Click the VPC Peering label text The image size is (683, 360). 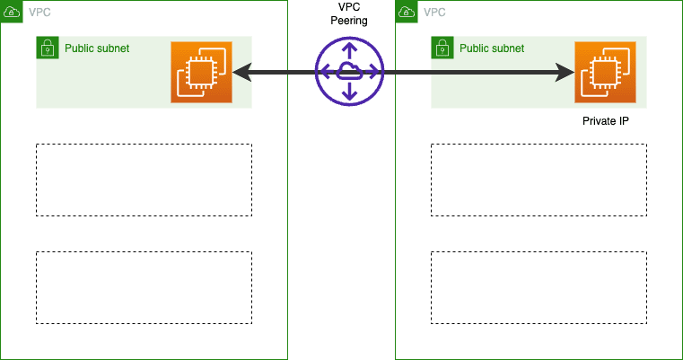(349, 14)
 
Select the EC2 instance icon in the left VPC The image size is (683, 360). (202, 72)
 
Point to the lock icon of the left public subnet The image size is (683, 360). (48, 48)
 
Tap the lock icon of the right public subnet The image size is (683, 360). (442, 48)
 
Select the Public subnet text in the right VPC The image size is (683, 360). (491, 48)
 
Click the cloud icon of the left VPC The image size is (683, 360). (11, 12)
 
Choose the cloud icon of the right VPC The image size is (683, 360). (406, 12)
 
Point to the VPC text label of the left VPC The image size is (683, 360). (39, 13)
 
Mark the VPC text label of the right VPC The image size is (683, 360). (433, 13)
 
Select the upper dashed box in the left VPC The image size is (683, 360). (144, 180)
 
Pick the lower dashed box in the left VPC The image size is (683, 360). (144, 287)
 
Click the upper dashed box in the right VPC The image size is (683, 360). (539, 180)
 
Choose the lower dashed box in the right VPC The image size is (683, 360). (539, 287)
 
